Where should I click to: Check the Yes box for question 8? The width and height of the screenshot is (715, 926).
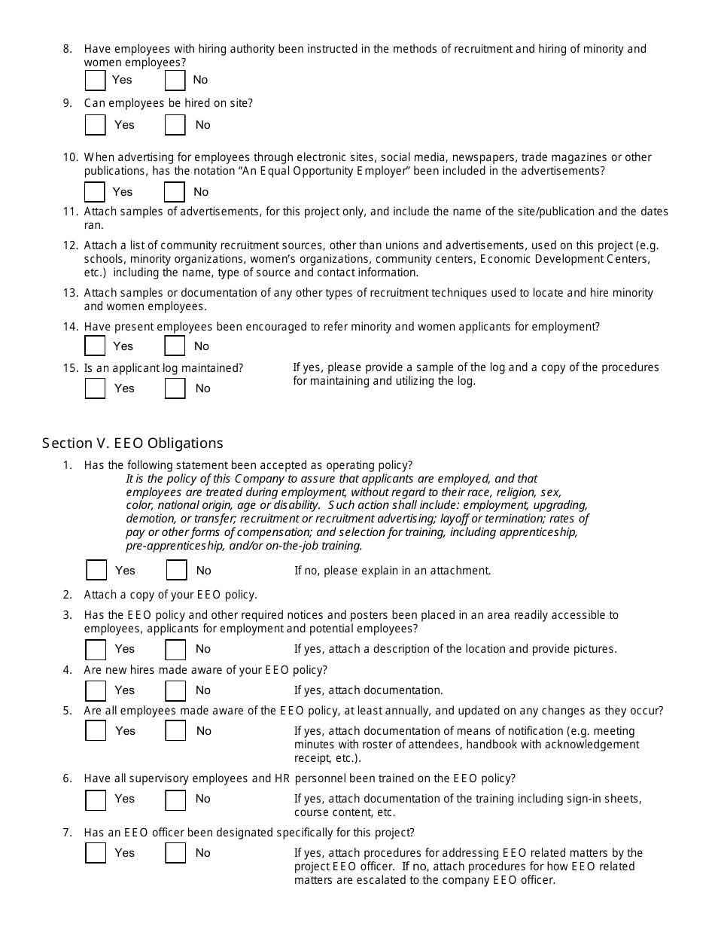[x=95, y=80]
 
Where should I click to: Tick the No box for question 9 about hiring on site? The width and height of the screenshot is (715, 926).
[x=175, y=125]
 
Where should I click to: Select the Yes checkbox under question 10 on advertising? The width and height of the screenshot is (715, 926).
[x=95, y=192]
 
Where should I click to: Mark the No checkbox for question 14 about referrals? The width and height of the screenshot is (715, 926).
[x=175, y=346]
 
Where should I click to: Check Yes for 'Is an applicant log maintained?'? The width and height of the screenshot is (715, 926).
[x=95, y=388]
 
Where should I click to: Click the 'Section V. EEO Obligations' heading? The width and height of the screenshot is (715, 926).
[x=132, y=443]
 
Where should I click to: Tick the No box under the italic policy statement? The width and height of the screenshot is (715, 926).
[x=176, y=571]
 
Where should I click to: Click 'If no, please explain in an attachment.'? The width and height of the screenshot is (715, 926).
[x=392, y=571]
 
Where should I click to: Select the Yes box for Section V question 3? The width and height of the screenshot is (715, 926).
[x=96, y=649]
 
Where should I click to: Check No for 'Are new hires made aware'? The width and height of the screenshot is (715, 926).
[x=175, y=690]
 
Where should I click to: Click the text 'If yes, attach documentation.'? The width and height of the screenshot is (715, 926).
[x=368, y=690]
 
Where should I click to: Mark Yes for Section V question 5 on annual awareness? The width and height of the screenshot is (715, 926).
[x=96, y=731]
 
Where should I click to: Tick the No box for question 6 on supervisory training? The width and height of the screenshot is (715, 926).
[x=175, y=799]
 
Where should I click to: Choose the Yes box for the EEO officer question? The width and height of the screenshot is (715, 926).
[x=96, y=853]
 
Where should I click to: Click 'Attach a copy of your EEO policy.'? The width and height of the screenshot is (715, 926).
[x=171, y=595]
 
